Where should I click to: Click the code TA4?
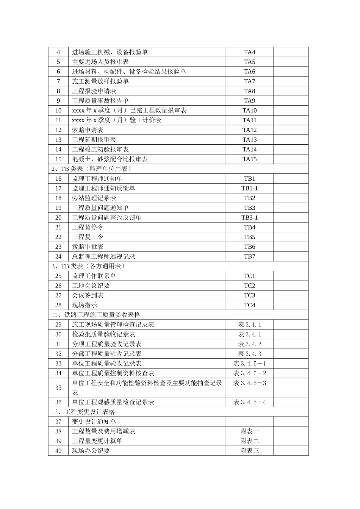[x=249, y=52]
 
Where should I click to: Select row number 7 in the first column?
[x=58, y=81]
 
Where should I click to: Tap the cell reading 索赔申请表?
[x=88, y=130]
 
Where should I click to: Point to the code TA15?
[x=249, y=159]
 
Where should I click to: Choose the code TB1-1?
[x=249, y=188]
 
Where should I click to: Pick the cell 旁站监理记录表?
[x=94, y=198]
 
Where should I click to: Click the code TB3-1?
[x=249, y=217]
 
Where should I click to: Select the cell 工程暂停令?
[x=88, y=227]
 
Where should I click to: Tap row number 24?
[x=58, y=256]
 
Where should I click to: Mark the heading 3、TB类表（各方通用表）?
[x=88, y=266]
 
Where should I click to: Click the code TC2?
[x=249, y=286]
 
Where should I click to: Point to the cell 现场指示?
[x=85, y=305]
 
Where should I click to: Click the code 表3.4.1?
[x=249, y=334]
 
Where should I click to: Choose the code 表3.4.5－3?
[x=249, y=383]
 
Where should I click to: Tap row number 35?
[x=58, y=388]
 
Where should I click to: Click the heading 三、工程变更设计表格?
[x=83, y=412]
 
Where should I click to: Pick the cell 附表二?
[x=249, y=441]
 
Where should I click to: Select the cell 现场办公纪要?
[x=91, y=451]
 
